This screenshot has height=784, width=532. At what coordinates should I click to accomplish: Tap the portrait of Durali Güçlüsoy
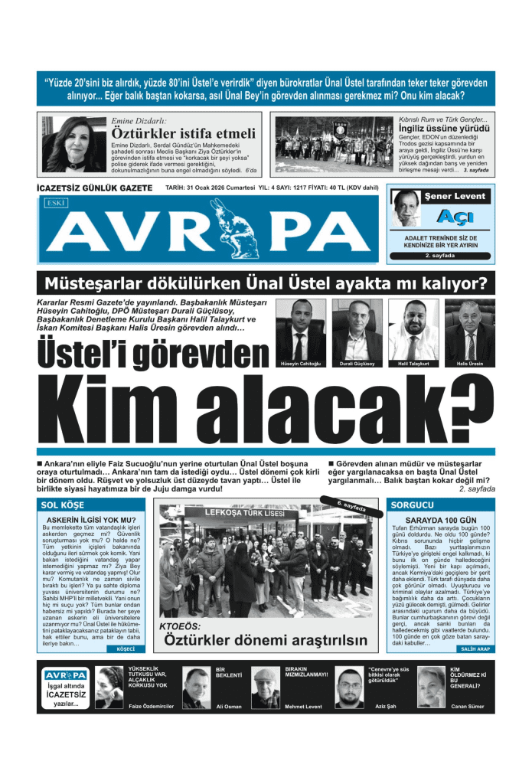357,330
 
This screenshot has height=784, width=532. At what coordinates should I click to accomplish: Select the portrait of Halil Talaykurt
413,330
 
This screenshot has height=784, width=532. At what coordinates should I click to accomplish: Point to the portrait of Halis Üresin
470,330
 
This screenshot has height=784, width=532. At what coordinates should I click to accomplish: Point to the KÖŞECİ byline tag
126,649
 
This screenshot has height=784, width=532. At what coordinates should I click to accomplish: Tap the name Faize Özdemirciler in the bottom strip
152,705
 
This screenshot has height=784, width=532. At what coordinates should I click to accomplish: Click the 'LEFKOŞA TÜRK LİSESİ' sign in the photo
244,512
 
